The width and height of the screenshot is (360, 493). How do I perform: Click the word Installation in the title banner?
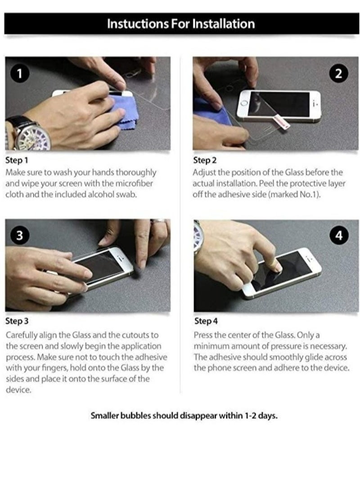coord(223,24)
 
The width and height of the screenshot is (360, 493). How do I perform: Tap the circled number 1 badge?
coord(19,74)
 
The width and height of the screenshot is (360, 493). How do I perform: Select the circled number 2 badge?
coord(338,74)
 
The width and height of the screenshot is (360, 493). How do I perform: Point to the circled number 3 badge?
coord(19,235)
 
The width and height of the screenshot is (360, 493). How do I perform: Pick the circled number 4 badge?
coord(339,236)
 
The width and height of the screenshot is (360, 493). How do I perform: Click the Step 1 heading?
coord(17,160)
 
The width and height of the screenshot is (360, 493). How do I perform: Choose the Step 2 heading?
coord(205,160)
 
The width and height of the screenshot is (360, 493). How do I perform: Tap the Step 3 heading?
coord(17,321)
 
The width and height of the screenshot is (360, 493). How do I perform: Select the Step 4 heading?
coord(206,321)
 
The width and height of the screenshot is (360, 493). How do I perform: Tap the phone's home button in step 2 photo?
coord(244,103)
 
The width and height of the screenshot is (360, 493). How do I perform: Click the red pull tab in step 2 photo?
coord(281,122)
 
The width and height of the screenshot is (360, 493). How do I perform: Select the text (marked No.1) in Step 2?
coord(294,194)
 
